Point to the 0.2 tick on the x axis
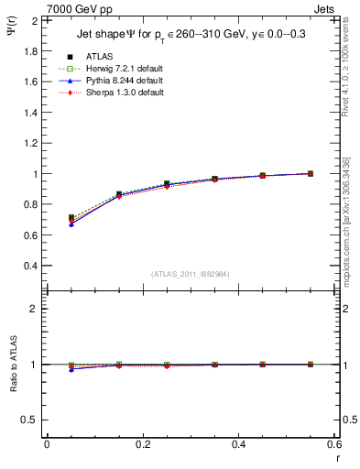click(142, 443)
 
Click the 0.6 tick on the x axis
click(333, 443)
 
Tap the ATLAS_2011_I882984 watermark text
click(190, 274)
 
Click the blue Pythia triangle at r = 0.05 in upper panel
click(71, 224)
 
